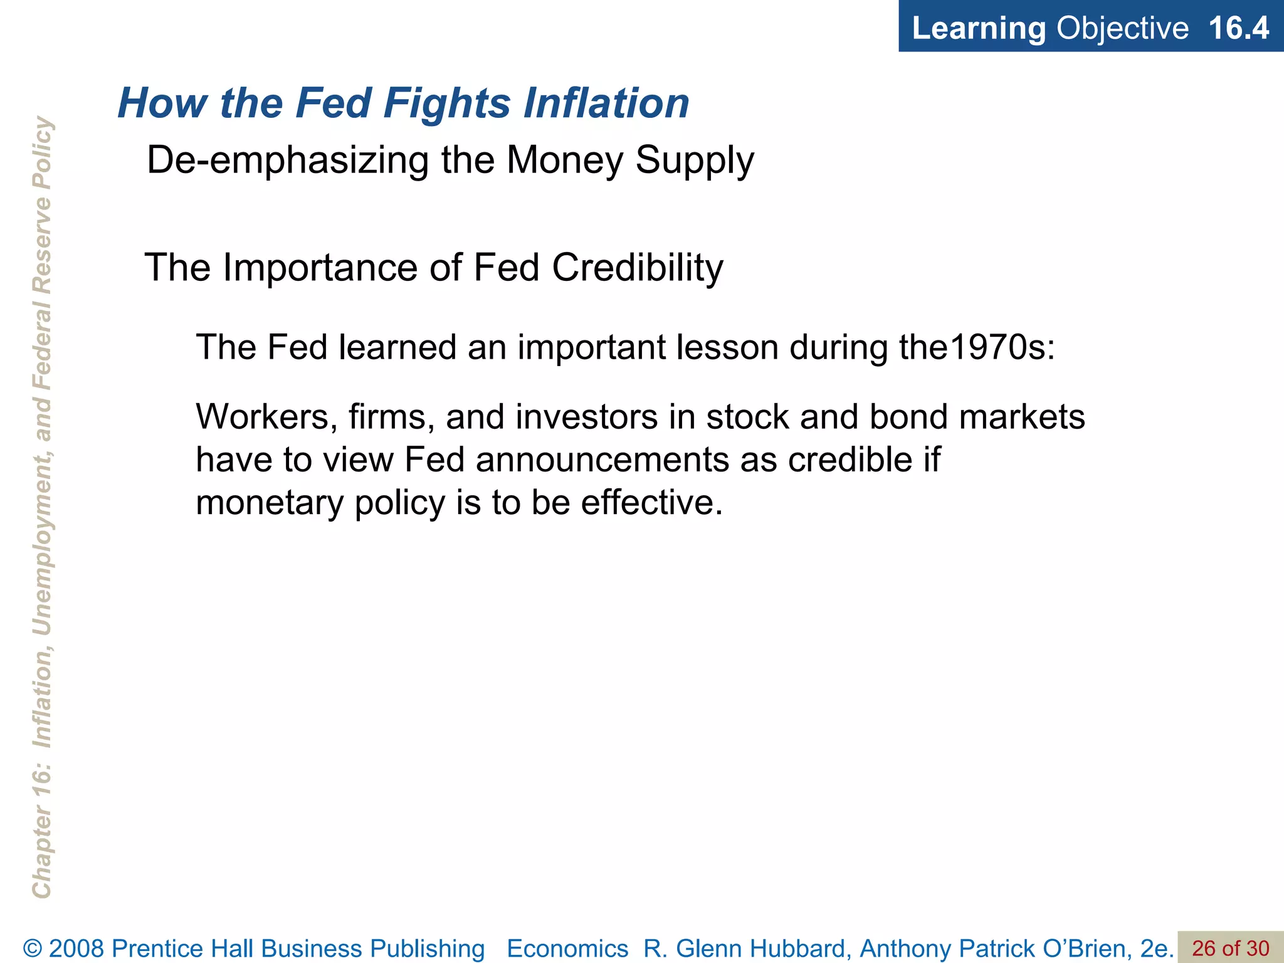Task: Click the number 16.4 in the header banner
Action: click(x=1238, y=28)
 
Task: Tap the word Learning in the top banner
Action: click(x=979, y=28)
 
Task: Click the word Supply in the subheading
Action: click(x=695, y=161)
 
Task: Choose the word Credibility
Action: click(x=638, y=268)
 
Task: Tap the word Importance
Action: click(x=320, y=268)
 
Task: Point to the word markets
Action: click(x=1022, y=417)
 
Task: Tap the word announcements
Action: click(x=603, y=460)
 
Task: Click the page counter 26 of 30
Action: click(x=1230, y=949)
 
